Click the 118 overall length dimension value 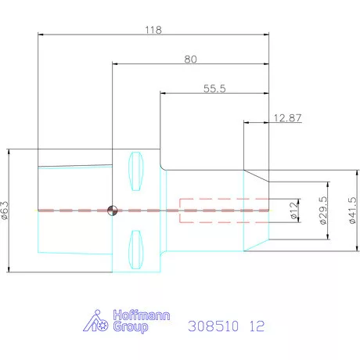153,31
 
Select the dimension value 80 190,59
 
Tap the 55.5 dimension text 214,88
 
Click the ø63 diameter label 6,210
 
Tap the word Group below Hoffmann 130,329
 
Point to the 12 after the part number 257,324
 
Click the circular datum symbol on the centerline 112,210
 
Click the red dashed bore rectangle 224,210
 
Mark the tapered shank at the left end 74,210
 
